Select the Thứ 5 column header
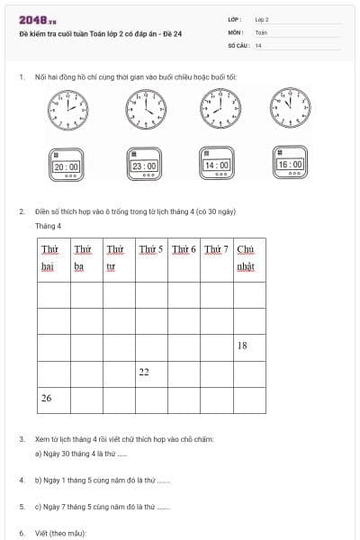(x=151, y=249)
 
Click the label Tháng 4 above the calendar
(x=49, y=226)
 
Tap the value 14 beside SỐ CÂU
(x=258, y=45)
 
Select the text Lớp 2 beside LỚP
(x=262, y=18)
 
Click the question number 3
(x=21, y=439)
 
